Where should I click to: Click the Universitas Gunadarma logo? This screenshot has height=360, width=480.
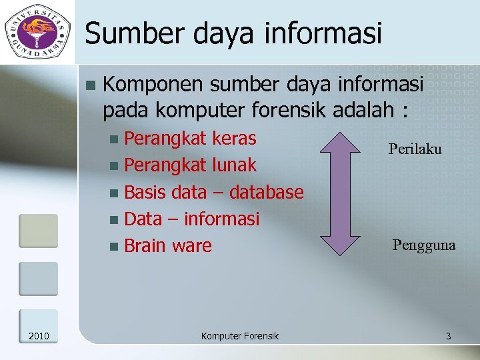point(37,32)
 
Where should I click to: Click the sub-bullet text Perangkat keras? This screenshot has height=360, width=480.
point(190,139)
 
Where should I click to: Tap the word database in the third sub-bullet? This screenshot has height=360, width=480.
point(266,192)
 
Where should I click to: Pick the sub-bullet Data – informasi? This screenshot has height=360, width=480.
point(191,219)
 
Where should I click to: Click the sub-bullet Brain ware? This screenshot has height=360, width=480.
point(167,245)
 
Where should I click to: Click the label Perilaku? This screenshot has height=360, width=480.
point(415,149)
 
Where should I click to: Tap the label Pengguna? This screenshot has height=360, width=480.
point(424,245)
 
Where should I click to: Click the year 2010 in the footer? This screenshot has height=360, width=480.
point(39,336)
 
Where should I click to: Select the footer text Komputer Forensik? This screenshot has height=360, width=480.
point(240,336)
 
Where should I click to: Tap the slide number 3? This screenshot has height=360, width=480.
point(448,336)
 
